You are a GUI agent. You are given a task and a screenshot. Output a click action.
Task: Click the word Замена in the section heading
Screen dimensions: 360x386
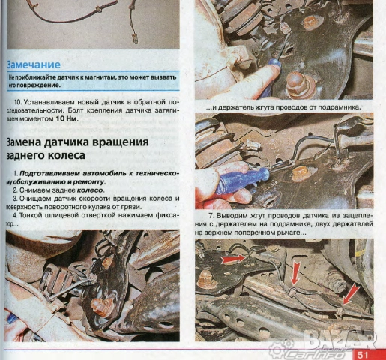point(31,142)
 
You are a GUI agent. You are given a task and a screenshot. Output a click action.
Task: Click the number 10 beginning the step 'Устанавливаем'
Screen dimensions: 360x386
point(17,100)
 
